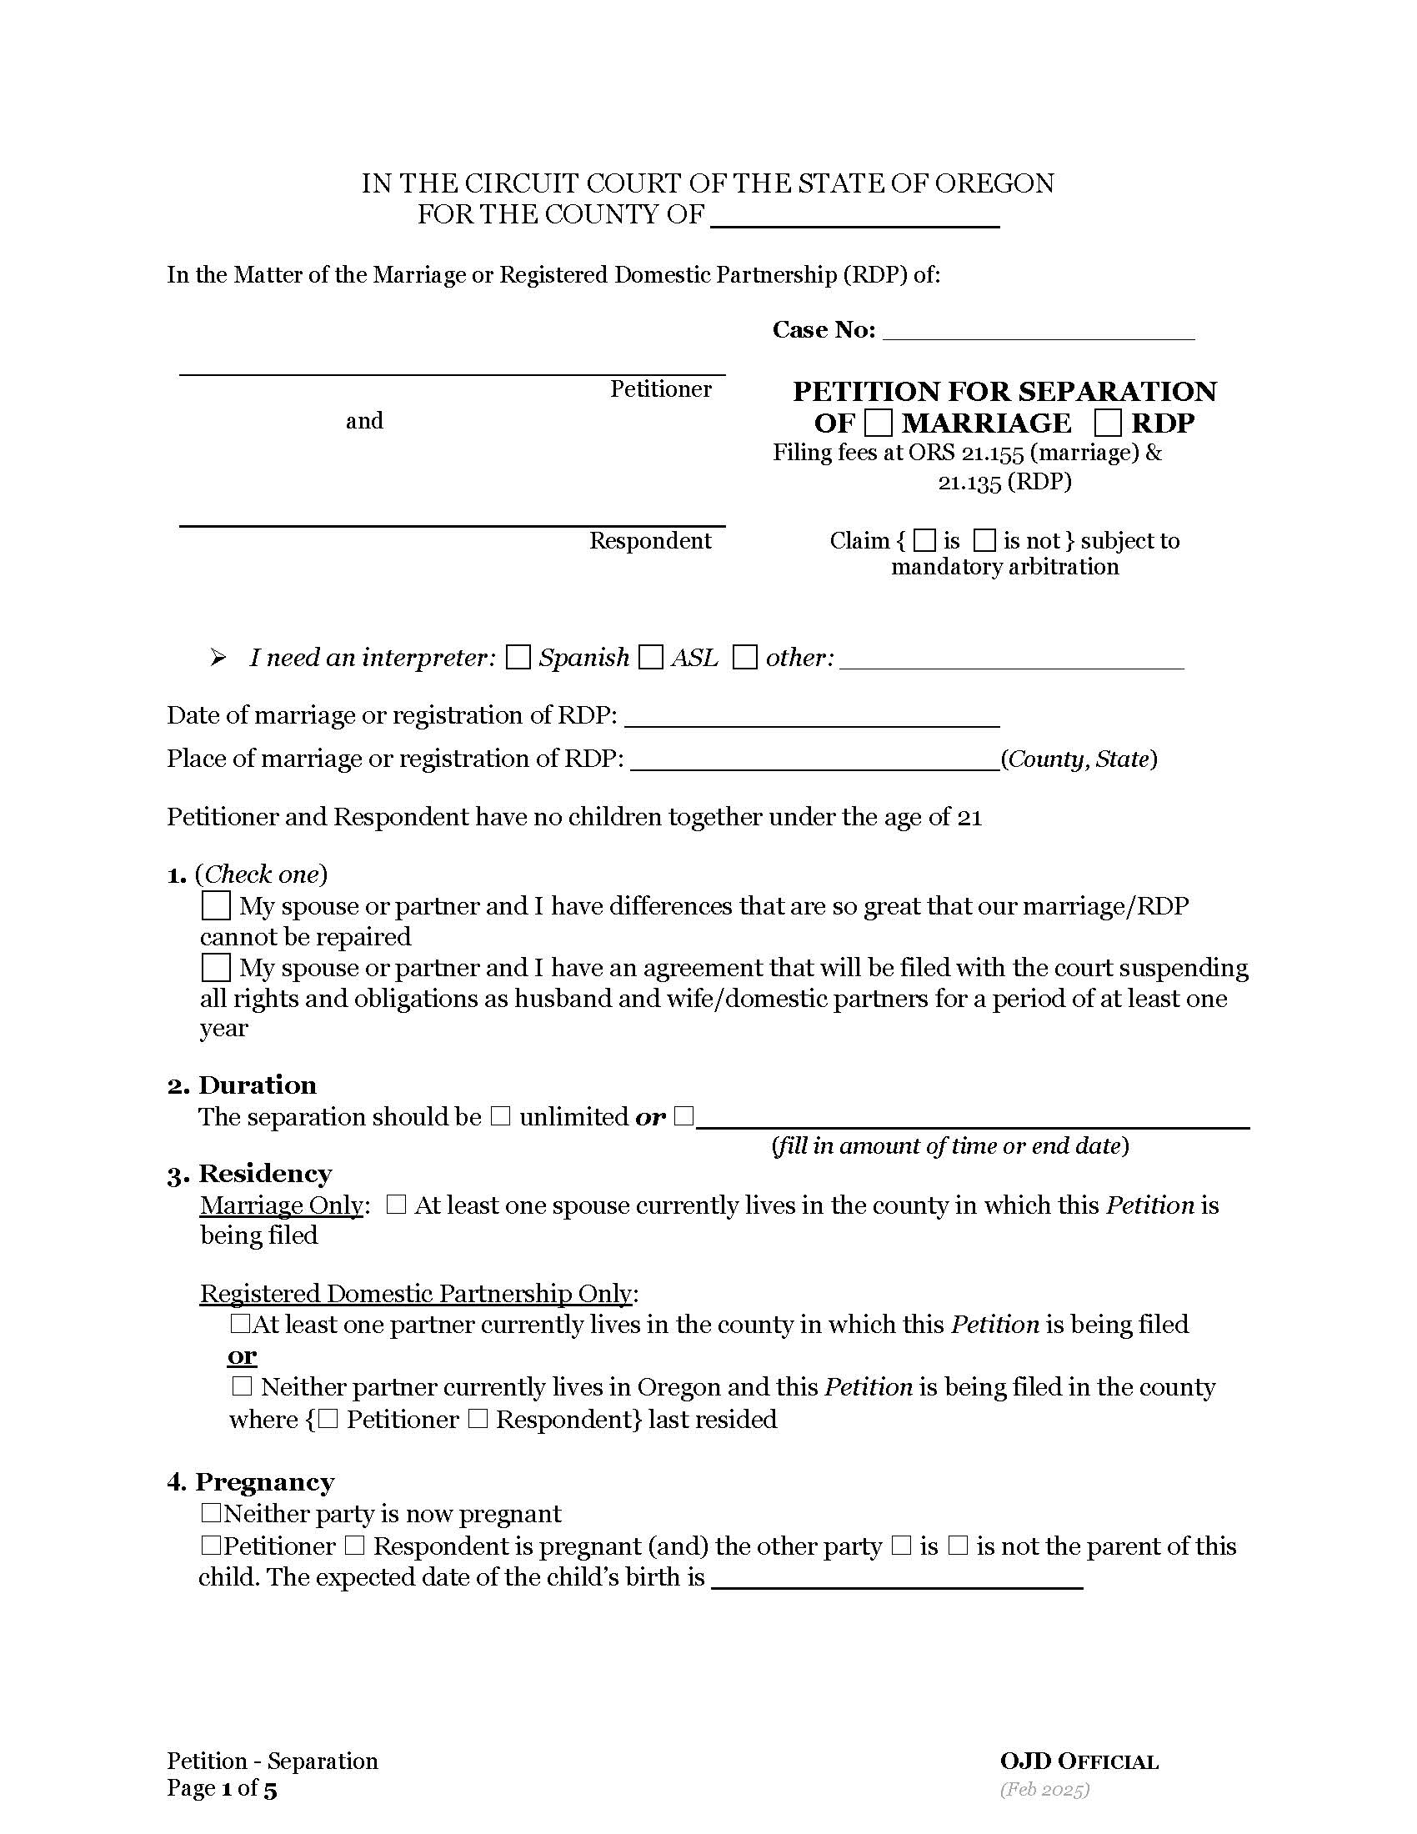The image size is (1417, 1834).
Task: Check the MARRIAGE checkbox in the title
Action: (x=877, y=423)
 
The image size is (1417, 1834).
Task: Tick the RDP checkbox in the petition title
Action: (x=1108, y=423)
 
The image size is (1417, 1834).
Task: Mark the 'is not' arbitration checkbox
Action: (x=984, y=540)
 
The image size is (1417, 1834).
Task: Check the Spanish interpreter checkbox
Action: (x=518, y=657)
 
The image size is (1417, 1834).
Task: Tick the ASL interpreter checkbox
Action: (x=651, y=657)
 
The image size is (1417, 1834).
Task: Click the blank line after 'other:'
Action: (x=1012, y=660)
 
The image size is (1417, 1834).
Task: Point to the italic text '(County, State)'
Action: (x=1079, y=759)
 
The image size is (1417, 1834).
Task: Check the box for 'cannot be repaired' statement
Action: (x=216, y=906)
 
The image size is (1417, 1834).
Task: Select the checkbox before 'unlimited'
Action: (x=500, y=1116)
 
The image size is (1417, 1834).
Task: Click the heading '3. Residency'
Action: (x=249, y=1173)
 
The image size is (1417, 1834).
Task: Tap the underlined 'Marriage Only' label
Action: (x=281, y=1205)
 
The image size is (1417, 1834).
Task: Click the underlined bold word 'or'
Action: (x=242, y=1355)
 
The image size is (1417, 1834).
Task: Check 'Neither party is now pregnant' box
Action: (x=210, y=1513)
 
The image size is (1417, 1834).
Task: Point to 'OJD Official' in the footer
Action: (x=1079, y=1761)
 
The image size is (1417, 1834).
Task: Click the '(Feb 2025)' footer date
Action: (x=1044, y=1790)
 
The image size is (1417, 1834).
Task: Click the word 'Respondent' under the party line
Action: (x=650, y=541)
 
